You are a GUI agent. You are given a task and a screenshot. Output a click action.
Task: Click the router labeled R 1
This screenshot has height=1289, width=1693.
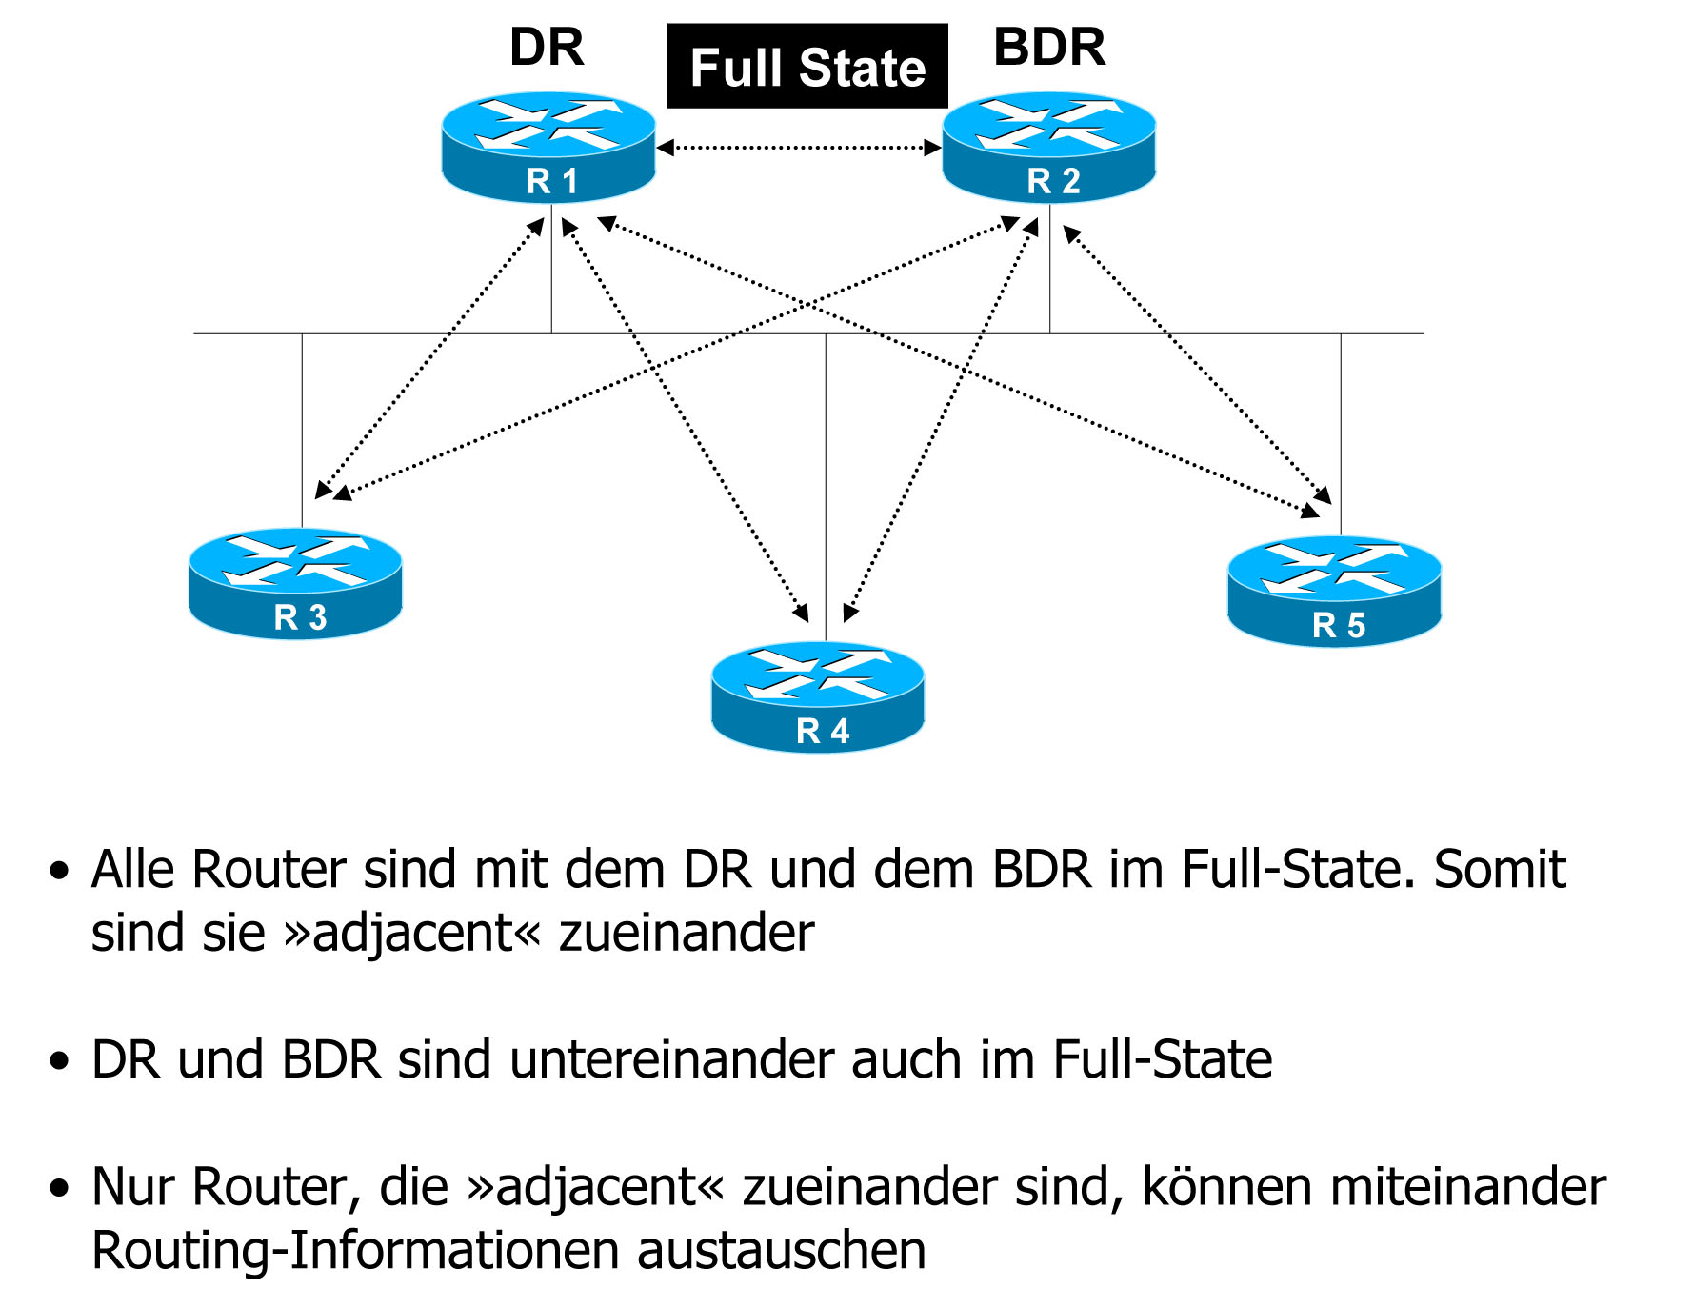tap(548, 148)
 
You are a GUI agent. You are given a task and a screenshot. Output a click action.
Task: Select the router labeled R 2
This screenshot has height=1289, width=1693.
tap(1048, 148)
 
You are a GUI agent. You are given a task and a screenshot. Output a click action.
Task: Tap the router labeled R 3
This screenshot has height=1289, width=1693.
tap(295, 583)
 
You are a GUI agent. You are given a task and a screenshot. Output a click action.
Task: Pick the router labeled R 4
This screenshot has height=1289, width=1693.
tap(818, 696)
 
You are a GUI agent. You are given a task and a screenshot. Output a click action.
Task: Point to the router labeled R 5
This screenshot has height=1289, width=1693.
tap(1334, 591)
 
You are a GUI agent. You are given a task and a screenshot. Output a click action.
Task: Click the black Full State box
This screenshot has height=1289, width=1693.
tap(807, 67)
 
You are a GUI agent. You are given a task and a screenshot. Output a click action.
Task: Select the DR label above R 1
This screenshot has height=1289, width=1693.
tap(547, 47)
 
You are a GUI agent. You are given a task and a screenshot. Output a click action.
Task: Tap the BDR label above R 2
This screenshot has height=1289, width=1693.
tap(1049, 47)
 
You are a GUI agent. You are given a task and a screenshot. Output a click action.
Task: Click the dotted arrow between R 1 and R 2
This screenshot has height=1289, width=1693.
tap(798, 148)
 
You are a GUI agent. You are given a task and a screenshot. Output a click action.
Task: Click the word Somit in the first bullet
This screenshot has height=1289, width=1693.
tap(1499, 869)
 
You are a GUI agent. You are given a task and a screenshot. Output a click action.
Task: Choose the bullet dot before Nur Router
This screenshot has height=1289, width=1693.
tap(60, 1188)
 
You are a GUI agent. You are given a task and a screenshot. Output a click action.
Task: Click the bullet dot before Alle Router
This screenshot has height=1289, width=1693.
tap(60, 870)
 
